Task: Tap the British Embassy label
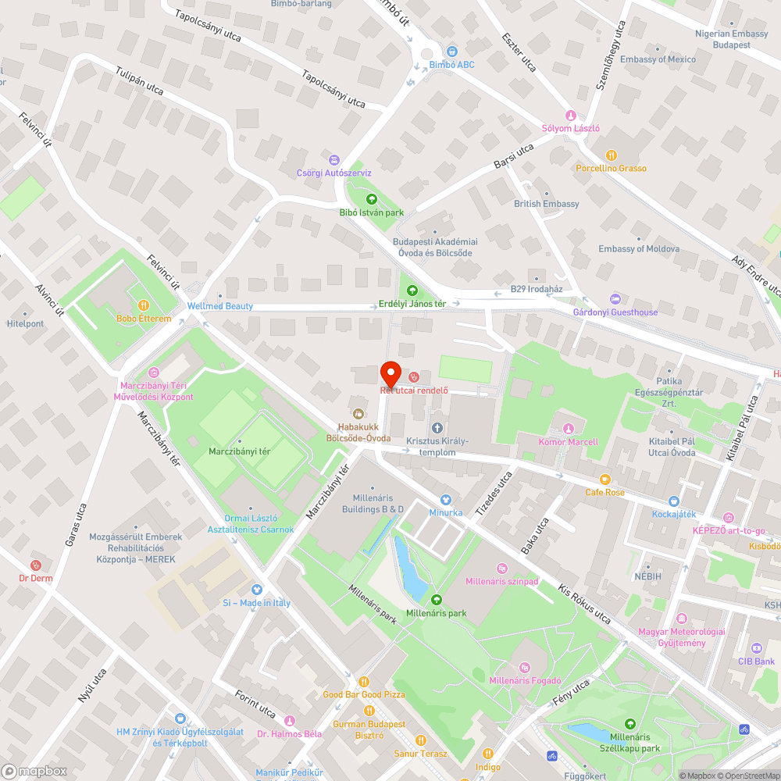point(547,204)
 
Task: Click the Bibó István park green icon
point(372,199)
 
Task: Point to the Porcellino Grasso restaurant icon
point(612,155)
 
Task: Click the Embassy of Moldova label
point(639,249)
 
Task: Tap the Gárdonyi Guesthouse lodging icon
point(615,298)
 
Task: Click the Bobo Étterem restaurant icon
point(144,305)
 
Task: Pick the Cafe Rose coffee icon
point(604,480)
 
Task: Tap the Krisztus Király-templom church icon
point(436,427)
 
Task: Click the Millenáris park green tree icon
point(436,600)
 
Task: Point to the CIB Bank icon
point(756,648)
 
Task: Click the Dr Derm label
point(34,579)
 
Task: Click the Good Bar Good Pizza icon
point(363,681)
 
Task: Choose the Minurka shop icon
point(445,500)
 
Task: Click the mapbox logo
point(34,771)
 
